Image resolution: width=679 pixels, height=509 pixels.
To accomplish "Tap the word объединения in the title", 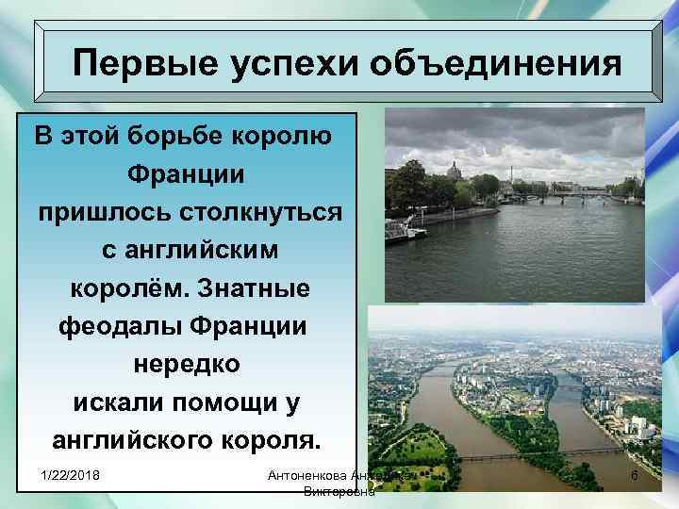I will pos(495,66).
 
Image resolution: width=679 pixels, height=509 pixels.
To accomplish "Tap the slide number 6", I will pos(635,478).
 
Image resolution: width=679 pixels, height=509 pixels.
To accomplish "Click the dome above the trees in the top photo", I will pos(453,171).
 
